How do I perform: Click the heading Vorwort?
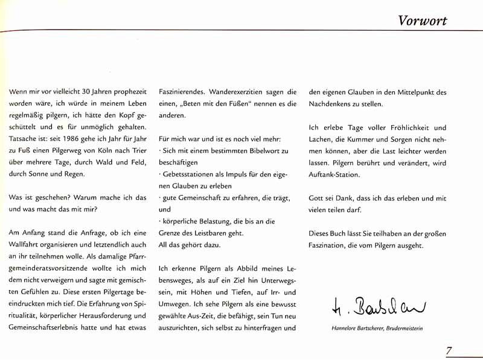coord(422,21)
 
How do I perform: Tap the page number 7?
coord(449,350)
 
